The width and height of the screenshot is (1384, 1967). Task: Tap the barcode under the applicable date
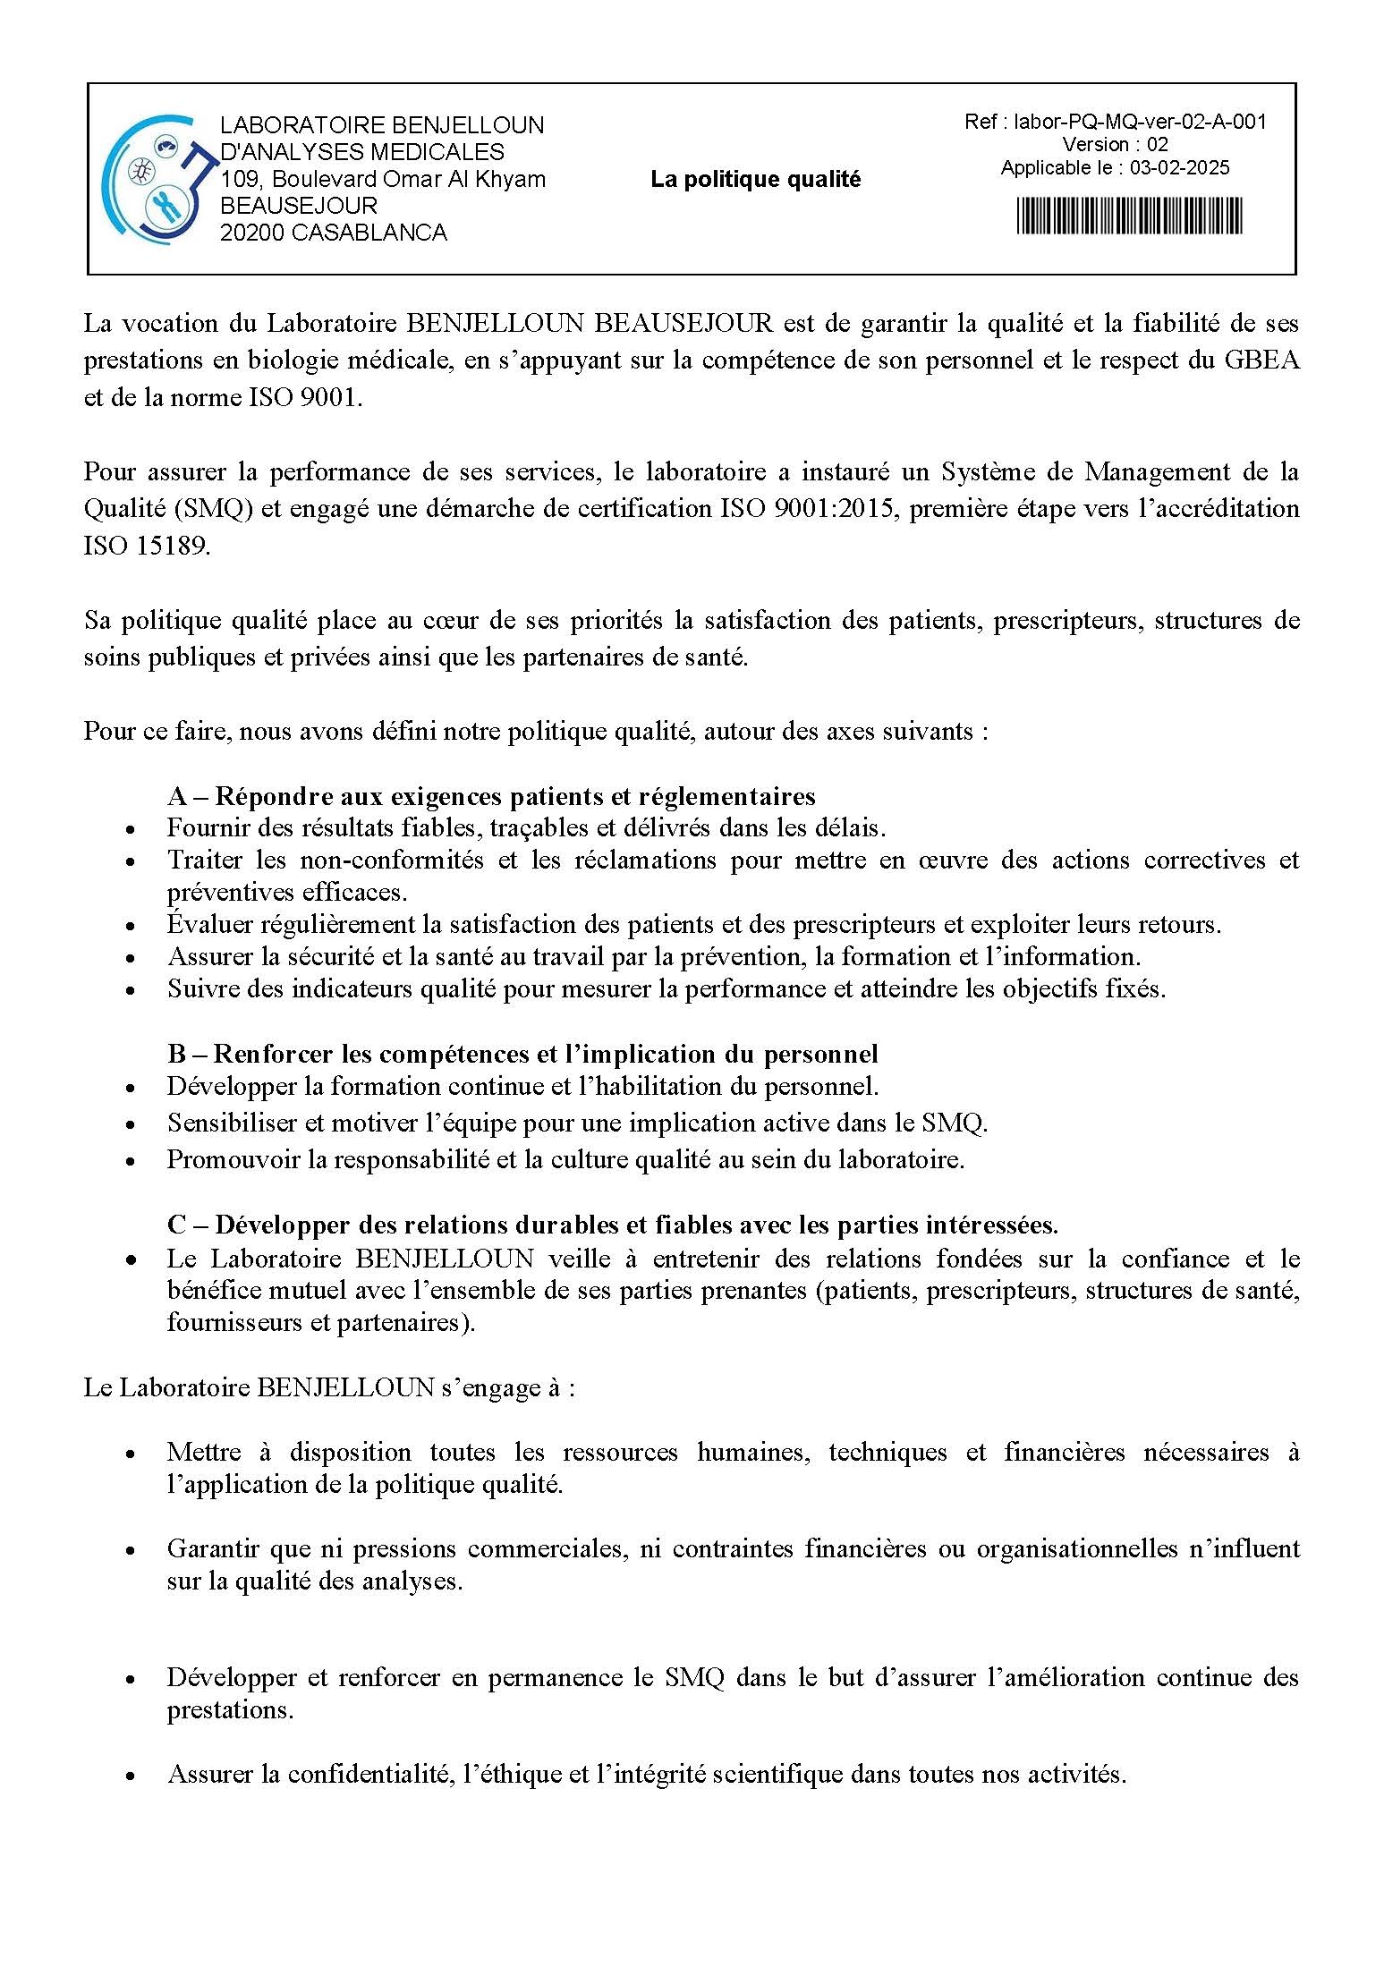pos(1129,216)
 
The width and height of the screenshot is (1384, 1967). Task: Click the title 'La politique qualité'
pos(755,180)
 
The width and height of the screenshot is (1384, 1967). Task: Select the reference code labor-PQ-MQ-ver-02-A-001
pos(1140,122)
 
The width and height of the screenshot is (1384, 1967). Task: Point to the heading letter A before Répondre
pos(176,796)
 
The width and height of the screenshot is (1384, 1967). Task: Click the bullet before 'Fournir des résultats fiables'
pos(132,829)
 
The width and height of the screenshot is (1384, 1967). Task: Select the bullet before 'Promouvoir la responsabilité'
pos(132,1161)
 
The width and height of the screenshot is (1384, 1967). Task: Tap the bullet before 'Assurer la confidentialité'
pos(132,1775)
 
